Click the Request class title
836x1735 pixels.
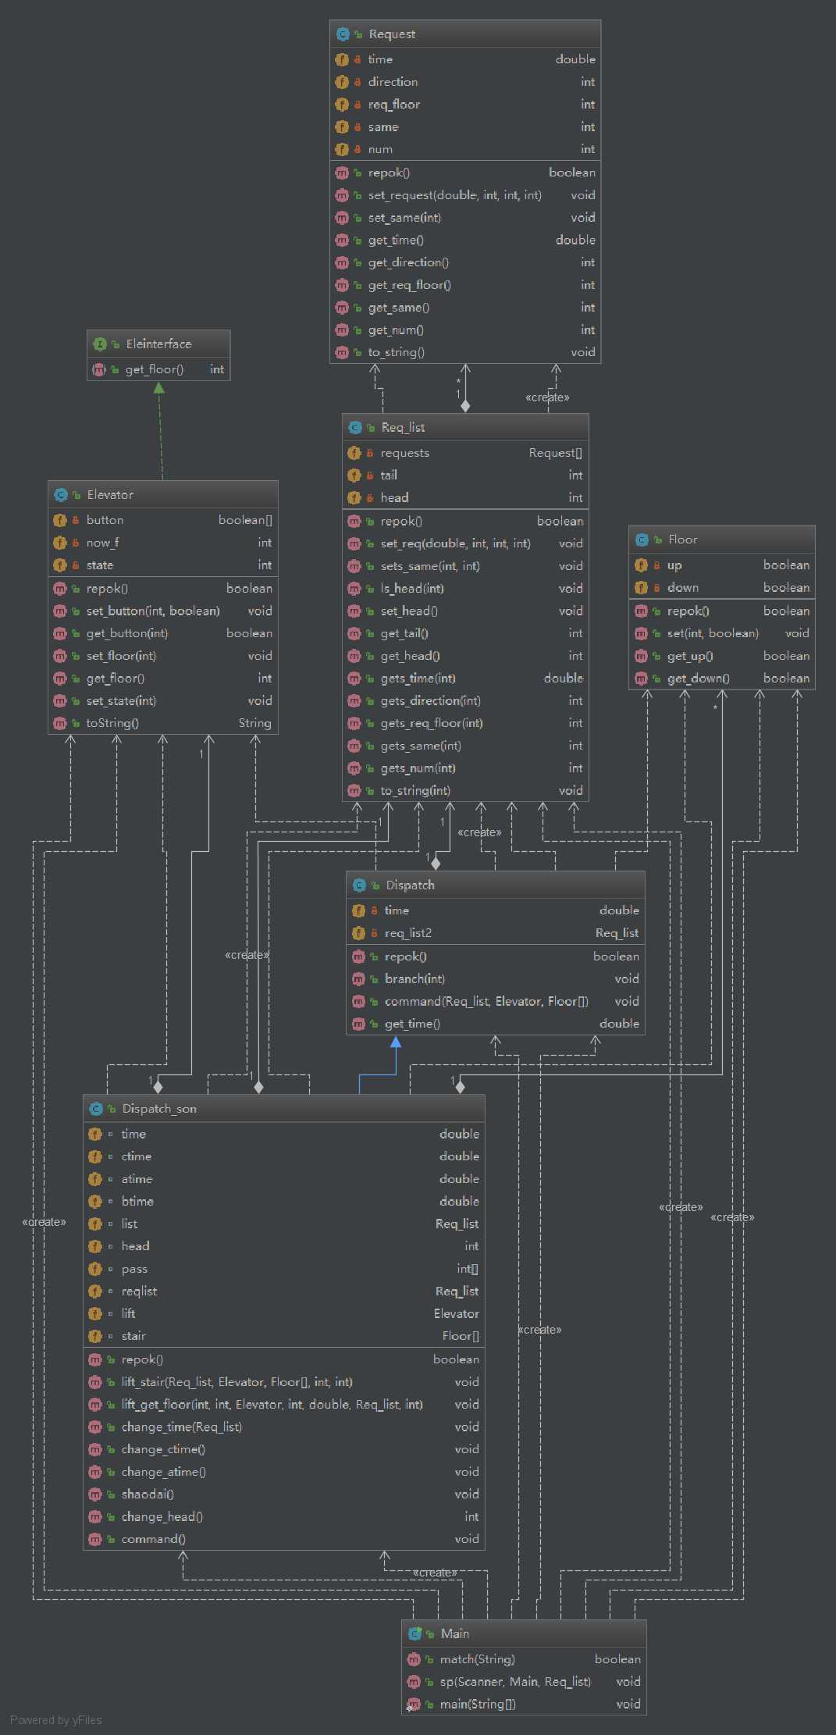[x=392, y=34]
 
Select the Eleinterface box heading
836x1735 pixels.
[x=158, y=344]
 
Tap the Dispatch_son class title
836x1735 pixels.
[x=159, y=1109]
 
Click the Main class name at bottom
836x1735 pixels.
[x=454, y=1633]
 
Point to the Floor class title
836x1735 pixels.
[x=682, y=540]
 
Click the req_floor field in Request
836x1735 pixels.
[x=394, y=105]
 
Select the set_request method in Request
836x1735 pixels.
[x=454, y=195]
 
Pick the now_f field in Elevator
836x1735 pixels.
[x=103, y=543]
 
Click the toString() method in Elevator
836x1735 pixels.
[x=112, y=723]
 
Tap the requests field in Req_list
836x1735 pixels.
[x=404, y=453]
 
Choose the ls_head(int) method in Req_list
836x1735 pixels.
[x=412, y=589]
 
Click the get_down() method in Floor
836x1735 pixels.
[x=698, y=679]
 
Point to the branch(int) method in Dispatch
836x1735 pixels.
[x=414, y=979]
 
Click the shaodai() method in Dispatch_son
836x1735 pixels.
[x=148, y=1495]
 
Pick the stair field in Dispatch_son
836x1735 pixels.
[x=133, y=1336]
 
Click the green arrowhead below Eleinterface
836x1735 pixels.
[x=159, y=388]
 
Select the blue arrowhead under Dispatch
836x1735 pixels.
[x=396, y=1042]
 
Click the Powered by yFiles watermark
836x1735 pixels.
[x=56, y=1720]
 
